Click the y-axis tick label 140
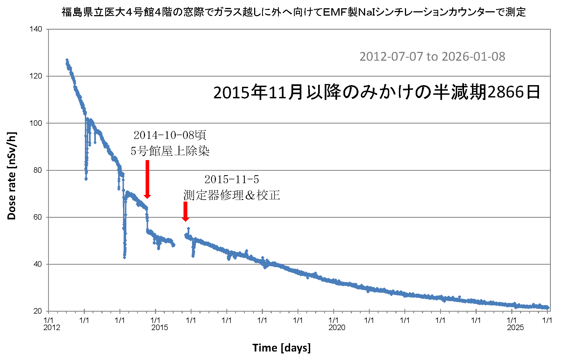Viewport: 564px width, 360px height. point(36,29)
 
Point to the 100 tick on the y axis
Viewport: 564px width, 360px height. point(36,123)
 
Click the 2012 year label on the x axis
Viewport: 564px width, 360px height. point(52,328)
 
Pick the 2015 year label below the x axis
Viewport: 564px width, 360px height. point(160,328)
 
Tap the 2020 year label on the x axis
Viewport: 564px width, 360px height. point(337,328)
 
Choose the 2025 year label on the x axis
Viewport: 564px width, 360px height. point(515,328)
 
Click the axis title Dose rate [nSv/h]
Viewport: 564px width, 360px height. point(12,176)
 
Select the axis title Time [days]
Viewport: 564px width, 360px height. point(281,348)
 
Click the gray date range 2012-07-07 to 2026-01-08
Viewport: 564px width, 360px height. point(432,57)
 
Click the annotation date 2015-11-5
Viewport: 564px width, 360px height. point(232,180)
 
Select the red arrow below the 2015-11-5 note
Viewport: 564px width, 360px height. point(185,211)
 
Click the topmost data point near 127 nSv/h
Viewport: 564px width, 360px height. point(67,60)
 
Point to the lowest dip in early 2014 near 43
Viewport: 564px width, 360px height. point(124,257)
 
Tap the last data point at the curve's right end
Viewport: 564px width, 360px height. point(548,307)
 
